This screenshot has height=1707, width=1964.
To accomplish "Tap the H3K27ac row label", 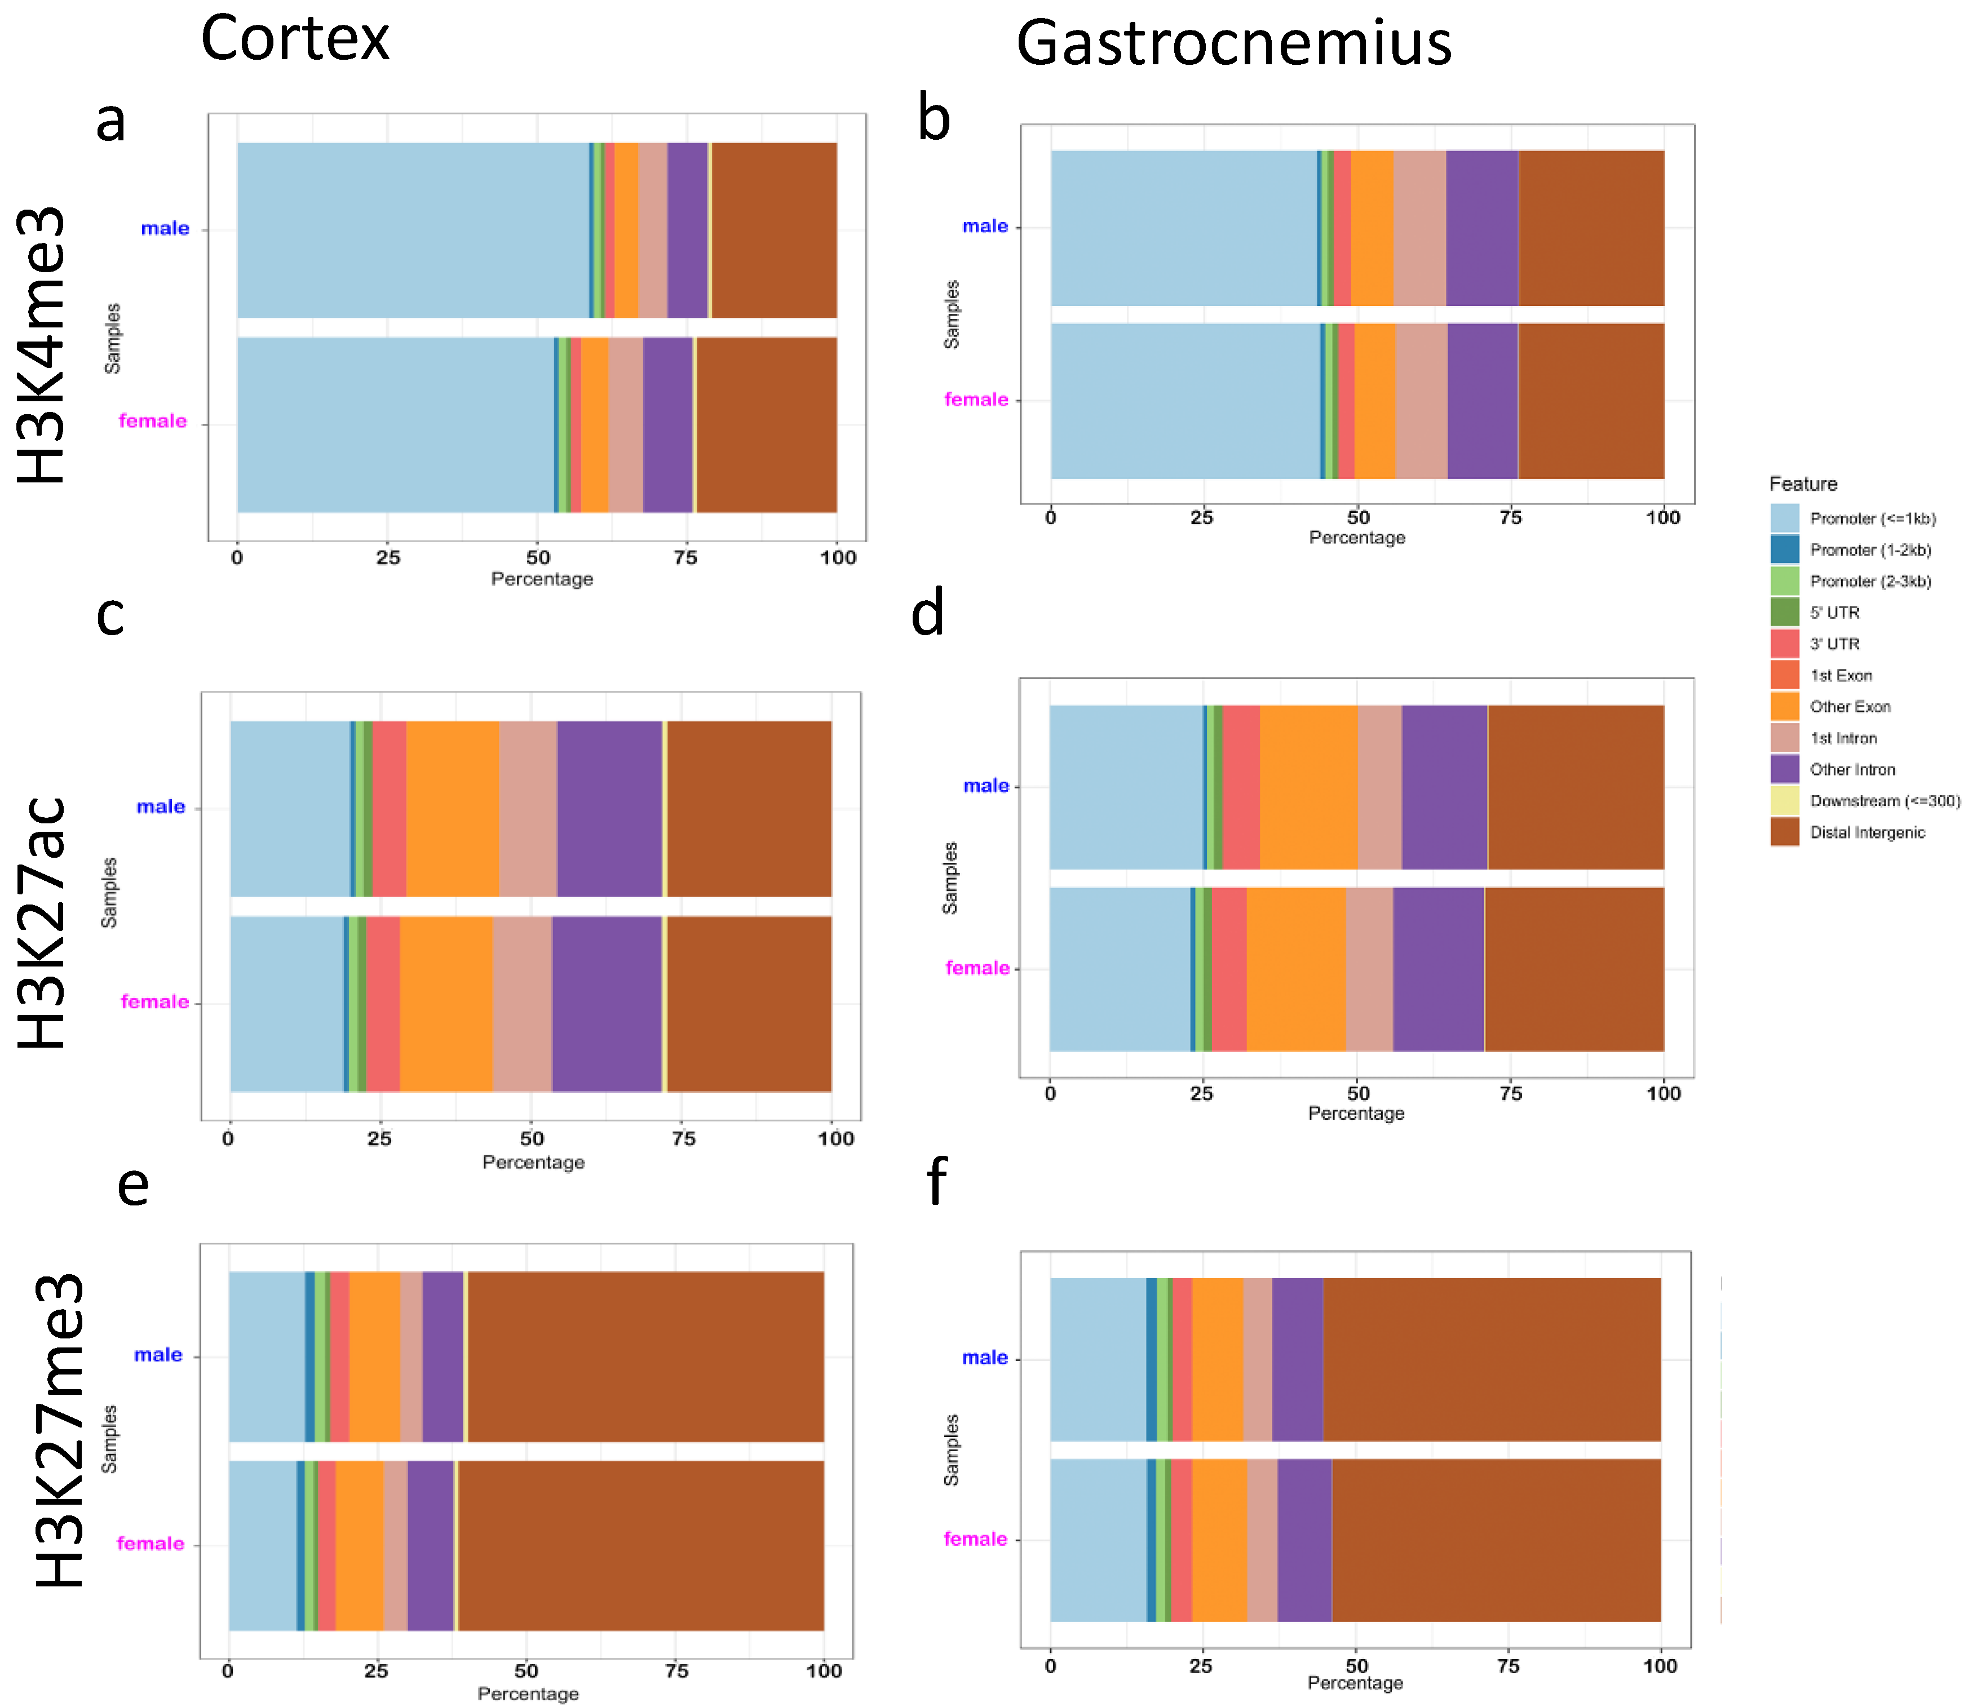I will click(43, 922).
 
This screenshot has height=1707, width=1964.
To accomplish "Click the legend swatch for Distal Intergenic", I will click(1784, 832).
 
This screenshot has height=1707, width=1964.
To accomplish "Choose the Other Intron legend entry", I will click(1852, 770).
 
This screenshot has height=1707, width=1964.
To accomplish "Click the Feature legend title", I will click(1802, 484).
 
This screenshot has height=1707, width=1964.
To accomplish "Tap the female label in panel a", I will click(152, 421).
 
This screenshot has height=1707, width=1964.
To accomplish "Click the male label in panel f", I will click(984, 1358).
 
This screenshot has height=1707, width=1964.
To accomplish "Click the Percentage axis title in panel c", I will click(533, 1162).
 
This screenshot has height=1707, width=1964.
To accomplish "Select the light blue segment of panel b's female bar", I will click(1184, 401).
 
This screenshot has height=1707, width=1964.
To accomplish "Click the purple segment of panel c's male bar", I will click(609, 809).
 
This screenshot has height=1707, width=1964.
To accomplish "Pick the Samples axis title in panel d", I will click(950, 877).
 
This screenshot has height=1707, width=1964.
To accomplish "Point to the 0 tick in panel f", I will click(1050, 1666).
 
